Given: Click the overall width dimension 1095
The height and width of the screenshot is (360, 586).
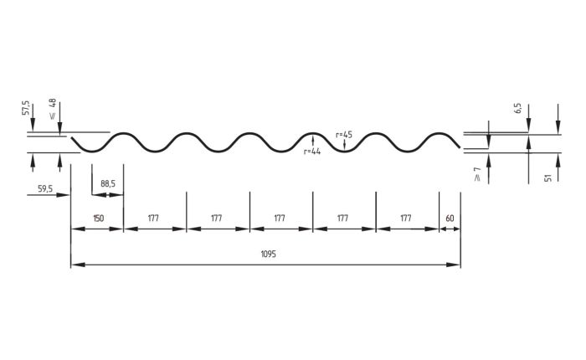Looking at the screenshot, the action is (x=268, y=255).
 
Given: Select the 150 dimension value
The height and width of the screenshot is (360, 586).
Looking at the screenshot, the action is (x=98, y=218).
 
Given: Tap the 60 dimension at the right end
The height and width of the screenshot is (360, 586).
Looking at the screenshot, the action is (x=450, y=218).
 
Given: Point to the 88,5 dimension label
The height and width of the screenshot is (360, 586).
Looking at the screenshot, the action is (x=108, y=183).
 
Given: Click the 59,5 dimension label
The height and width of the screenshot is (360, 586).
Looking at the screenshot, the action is (x=45, y=188).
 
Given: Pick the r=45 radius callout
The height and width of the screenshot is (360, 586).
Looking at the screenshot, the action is (x=344, y=135).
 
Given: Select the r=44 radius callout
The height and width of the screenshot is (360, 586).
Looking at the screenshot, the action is (x=312, y=152).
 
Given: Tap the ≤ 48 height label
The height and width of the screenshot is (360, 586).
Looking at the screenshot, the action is (x=52, y=109).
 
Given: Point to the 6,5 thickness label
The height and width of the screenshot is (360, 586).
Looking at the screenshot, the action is (x=518, y=108).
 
